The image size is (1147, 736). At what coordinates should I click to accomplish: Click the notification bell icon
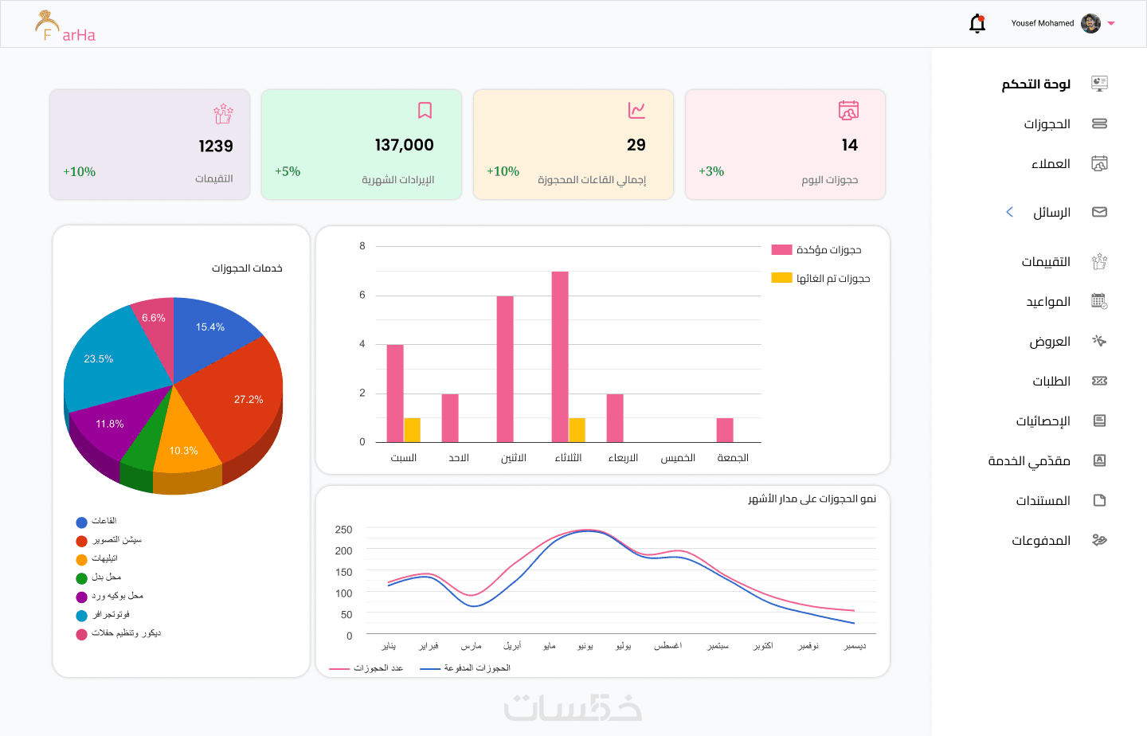(x=977, y=24)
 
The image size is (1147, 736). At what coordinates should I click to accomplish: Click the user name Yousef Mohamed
(x=1042, y=23)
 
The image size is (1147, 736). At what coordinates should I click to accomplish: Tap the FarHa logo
(x=65, y=27)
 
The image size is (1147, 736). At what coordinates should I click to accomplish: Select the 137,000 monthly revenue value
(x=404, y=145)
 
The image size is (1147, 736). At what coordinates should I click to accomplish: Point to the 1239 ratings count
(x=216, y=146)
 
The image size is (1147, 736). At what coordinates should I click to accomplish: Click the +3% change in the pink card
(x=711, y=171)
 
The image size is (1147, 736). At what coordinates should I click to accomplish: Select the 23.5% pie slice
(x=108, y=362)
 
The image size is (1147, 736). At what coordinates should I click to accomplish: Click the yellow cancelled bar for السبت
(x=412, y=430)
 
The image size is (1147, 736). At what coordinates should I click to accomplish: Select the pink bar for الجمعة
(x=725, y=430)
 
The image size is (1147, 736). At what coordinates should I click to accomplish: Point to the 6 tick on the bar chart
(x=362, y=296)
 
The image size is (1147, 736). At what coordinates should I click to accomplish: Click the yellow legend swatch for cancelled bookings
(x=781, y=278)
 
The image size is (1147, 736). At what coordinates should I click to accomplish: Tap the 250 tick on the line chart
(x=344, y=530)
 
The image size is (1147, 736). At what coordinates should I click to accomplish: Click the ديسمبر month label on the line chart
(x=855, y=646)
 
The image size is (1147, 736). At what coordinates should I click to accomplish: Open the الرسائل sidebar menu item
(x=1051, y=213)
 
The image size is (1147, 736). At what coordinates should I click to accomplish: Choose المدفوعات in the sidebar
(x=1041, y=541)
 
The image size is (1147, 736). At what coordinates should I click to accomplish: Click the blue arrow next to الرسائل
(x=1009, y=212)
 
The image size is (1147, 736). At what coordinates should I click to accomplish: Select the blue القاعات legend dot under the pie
(x=81, y=523)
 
